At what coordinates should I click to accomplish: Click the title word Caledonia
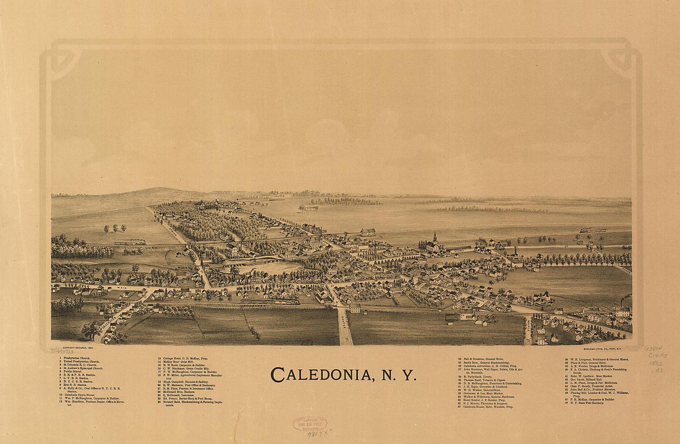point(320,375)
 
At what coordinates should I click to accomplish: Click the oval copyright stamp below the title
point(310,424)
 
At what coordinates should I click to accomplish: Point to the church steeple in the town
point(435,238)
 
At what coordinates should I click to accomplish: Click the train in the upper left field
point(130,242)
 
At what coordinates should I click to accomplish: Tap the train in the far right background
point(592,230)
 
